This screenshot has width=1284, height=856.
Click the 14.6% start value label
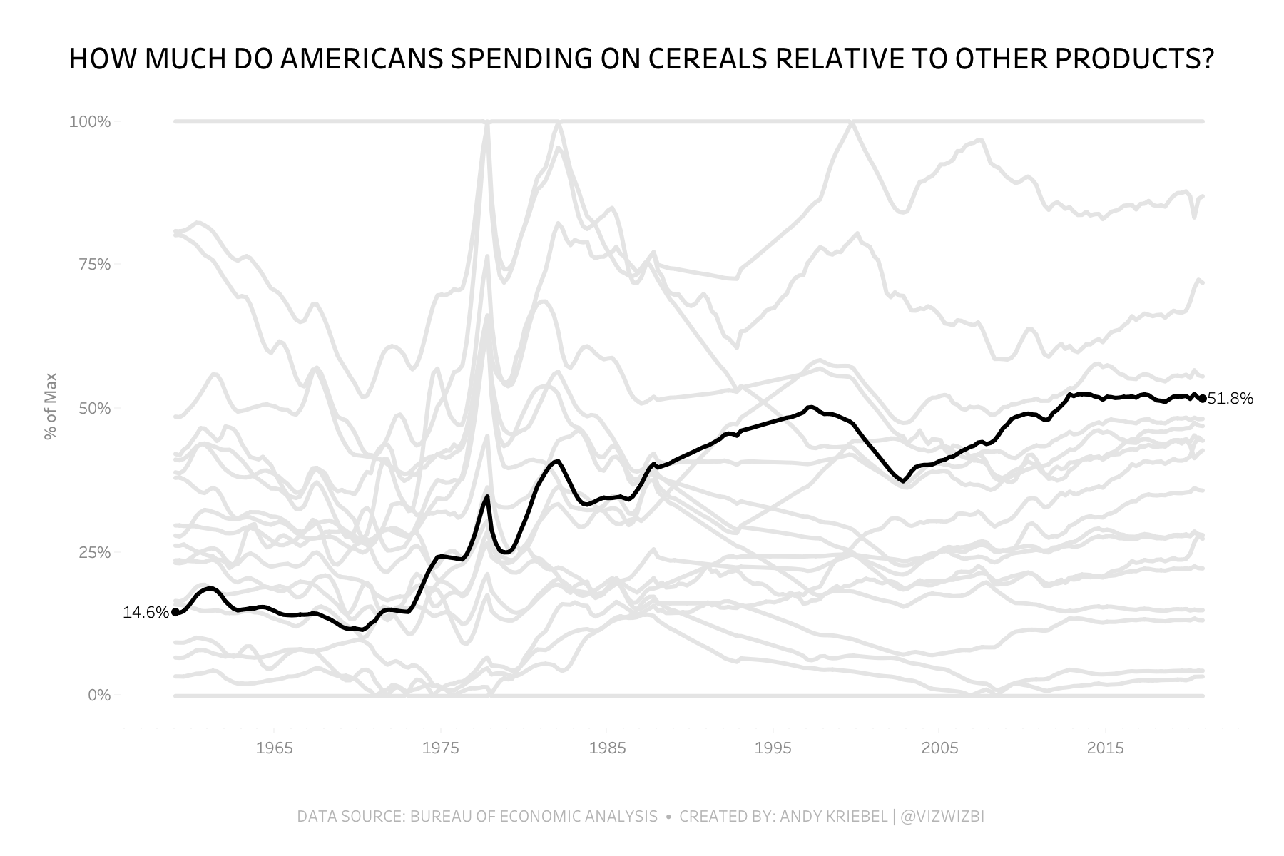coord(146,613)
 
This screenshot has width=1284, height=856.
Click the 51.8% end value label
coord(1230,399)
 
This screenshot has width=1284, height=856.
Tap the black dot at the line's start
coord(175,612)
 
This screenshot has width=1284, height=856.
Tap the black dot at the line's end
coord(1203,399)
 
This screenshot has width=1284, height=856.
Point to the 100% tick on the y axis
coord(90,122)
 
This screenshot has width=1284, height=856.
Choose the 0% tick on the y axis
coord(100,695)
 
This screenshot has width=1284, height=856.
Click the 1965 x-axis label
coord(275,748)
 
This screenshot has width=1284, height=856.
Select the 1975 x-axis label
coord(441,748)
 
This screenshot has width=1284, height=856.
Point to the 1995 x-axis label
coord(773,748)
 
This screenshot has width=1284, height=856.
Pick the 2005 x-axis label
coord(939,748)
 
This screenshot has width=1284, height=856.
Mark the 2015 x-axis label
coord(1105,748)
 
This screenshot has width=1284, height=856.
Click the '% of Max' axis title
coord(51,407)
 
